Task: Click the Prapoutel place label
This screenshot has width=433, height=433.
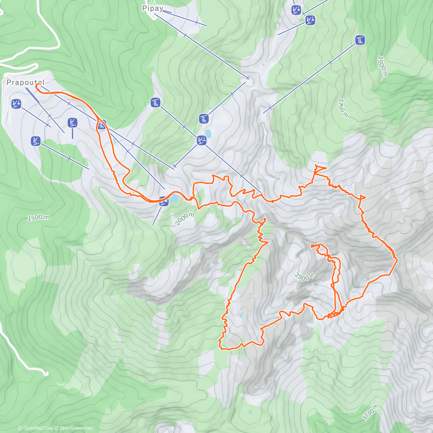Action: pyautogui.click(x=25, y=83)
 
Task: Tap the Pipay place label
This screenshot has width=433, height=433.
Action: pyautogui.click(x=153, y=8)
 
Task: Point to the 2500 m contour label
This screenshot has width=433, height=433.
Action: pyautogui.click(x=305, y=277)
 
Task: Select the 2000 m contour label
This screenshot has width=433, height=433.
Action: pyautogui.click(x=184, y=219)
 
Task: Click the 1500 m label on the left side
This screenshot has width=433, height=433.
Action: pyautogui.click(x=38, y=218)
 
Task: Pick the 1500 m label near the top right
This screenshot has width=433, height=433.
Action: pyautogui.click(x=382, y=66)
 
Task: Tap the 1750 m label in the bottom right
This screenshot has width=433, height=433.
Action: pyautogui.click(x=371, y=412)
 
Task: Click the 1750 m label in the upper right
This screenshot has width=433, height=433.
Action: pyautogui.click(x=343, y=108)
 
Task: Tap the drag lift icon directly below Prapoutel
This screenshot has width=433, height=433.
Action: pyautogui.click(x=16, y=104)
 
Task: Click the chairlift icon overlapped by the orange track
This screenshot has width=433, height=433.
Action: pyautogui.click(x=102, y=125)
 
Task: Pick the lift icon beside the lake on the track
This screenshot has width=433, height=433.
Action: pyautogui.click(x=163, y=201)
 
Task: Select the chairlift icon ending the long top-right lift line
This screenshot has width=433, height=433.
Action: pyautogui.click(x=360, y=40)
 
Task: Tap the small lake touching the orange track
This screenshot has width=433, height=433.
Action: pyautogui.click(x=174, y=198)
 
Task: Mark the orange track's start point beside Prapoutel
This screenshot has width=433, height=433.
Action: pyautogui.click(x=36, y=84)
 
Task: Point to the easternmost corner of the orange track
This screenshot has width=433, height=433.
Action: pyautogui.click(x=397, y=259)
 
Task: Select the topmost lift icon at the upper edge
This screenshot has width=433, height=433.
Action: pyautogui.click(x=296, y=10)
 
